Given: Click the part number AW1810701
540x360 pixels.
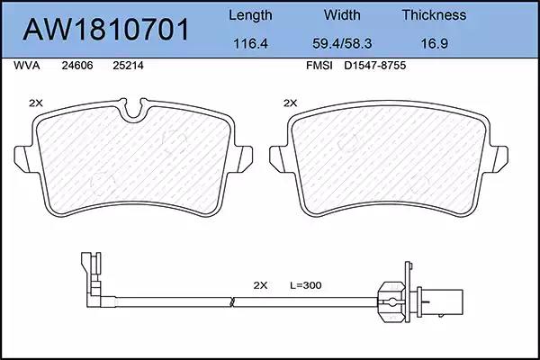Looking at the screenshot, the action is click(x=106, y=30).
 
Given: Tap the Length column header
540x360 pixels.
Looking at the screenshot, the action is click(x=250, y=15).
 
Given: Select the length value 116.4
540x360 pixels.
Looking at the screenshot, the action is click(x=250, y=43).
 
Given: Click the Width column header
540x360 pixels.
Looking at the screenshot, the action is click(x=342, y=14).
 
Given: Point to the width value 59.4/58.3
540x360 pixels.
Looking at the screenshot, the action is click(x=342, y=43).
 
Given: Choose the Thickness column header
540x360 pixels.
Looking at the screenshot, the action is click(x=434, y=14).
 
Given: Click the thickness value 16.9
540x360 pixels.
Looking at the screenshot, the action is click(x=435, y=43).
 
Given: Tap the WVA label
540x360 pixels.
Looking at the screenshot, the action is click(x=26, y=66).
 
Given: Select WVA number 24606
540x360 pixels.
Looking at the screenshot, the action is click(x=77, y=66).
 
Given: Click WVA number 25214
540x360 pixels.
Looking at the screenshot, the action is click(x=128, y=66).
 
